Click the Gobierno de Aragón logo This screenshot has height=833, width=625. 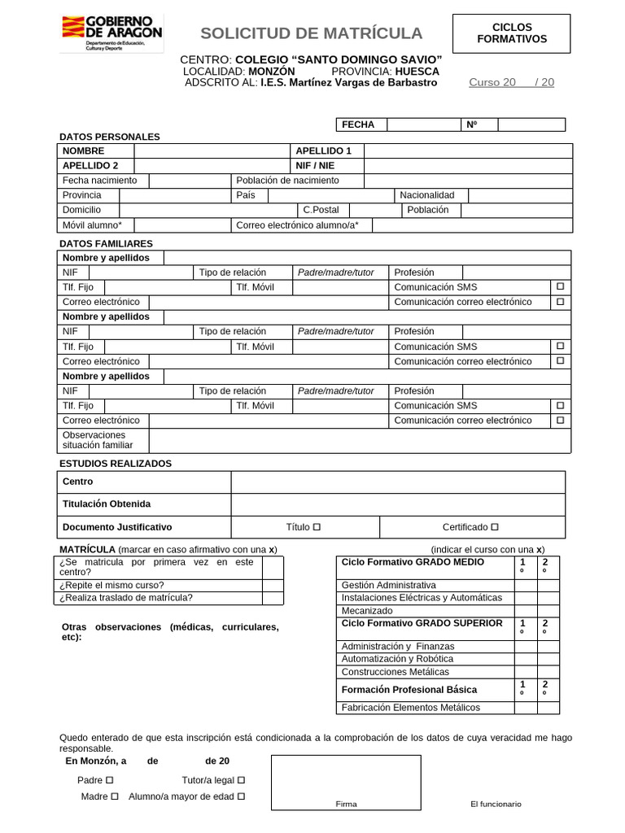(111, 33)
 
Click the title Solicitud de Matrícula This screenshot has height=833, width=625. (312, 33)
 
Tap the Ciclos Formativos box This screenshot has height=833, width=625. (512, 33)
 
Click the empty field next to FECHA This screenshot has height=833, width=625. (423, 124)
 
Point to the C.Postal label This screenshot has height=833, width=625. (321, 210)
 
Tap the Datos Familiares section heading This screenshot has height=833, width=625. (106, 243)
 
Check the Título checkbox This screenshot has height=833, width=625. (317, 527)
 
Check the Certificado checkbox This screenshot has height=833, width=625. (495, 527)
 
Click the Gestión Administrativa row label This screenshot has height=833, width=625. (389, 585)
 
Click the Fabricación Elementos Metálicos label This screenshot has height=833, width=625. (411, 707)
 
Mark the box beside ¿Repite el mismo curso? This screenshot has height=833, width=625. (273, 585)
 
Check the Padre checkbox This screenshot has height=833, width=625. (110, 780)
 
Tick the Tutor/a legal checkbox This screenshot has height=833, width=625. (241, 780)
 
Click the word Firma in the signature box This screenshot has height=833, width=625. (346, 804)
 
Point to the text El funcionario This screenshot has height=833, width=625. (496, 804)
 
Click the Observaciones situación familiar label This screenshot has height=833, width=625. (98, 440)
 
